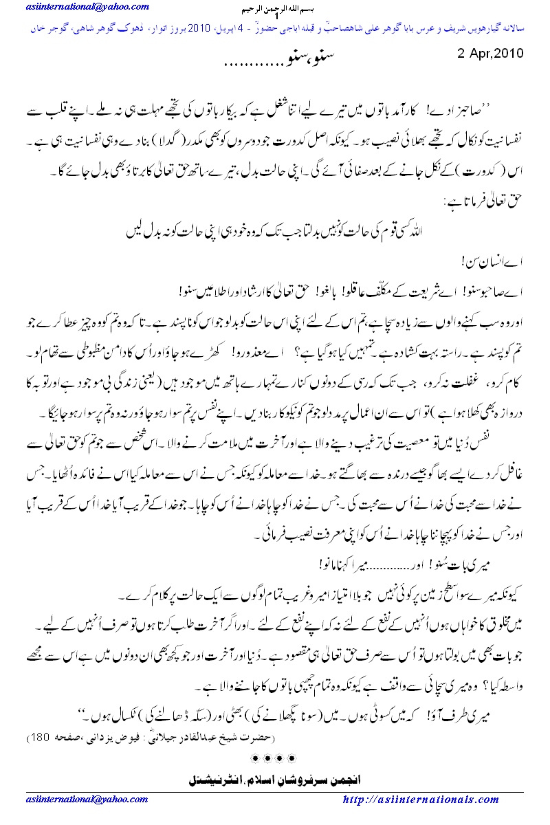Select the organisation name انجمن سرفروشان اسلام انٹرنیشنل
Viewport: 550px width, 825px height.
point(274,781)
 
